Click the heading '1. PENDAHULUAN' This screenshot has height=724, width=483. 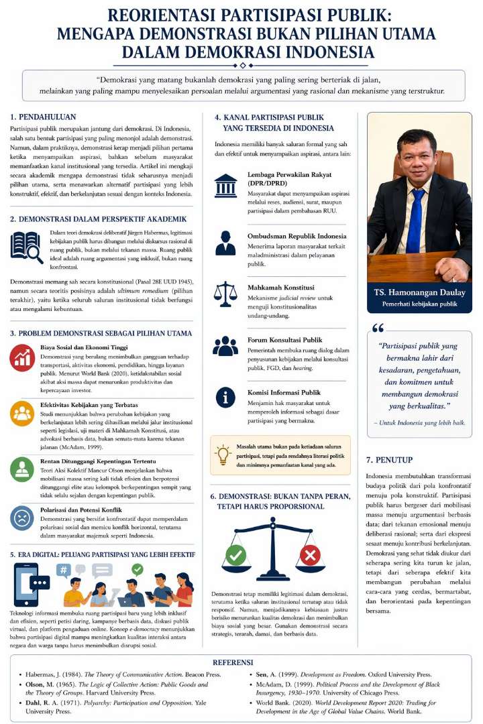[x=43, y=116]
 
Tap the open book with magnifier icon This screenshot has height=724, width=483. [x=27, y=247]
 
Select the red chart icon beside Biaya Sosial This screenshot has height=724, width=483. [x=22, y=358]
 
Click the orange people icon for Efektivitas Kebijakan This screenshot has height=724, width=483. [x=22, y=413]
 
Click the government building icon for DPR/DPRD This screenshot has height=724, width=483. [x=225, y=186]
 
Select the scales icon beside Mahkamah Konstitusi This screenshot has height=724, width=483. [x=225, y=294]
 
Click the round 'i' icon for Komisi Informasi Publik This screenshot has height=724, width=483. [x=225, y=397]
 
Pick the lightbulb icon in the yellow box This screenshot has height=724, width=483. [x=223, y=455]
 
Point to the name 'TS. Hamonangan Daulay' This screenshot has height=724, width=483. [x=419, y=293]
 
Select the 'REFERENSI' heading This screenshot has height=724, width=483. [x=241, y=661]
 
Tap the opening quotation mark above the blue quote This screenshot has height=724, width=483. [x=378, y=328]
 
